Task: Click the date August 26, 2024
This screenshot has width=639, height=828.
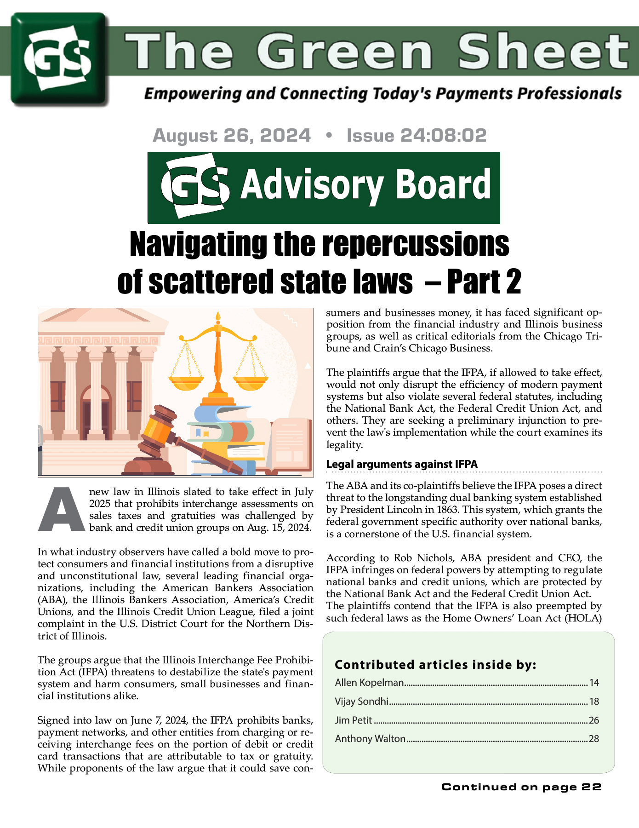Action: [232, 135]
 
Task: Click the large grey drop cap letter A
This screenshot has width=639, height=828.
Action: [62, 509]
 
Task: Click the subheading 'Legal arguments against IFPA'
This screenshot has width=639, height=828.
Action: [402, 464]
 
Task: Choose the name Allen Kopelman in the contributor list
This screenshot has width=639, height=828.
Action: [370, 682]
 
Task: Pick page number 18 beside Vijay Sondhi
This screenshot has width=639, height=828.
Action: [594, 701]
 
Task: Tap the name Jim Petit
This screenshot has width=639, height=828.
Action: [354, 720]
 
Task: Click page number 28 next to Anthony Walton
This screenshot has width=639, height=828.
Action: [594, 739]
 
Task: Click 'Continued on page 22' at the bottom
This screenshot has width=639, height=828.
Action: [521, 787]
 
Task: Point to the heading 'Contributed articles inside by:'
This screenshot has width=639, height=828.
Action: [435, 664]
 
